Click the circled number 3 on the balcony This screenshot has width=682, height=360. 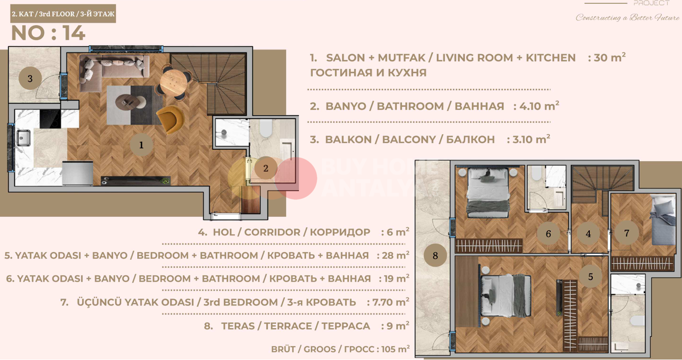(30, 78)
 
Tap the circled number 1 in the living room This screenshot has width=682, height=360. (141, 145)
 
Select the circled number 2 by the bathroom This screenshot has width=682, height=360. (265, 168)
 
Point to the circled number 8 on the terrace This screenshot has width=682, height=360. (435, 255)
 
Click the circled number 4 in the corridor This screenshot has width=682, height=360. (588, 234)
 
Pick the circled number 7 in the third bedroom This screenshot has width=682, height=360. (626, 233)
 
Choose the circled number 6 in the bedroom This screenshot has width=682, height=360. (548, 234)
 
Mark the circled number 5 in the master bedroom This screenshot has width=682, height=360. (590, 277)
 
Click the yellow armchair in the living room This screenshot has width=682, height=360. (169, 119)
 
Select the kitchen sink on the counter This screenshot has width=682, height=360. (23, 138)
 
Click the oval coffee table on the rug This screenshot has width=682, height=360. (130, 101)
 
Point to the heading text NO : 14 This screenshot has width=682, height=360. (48, 33)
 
